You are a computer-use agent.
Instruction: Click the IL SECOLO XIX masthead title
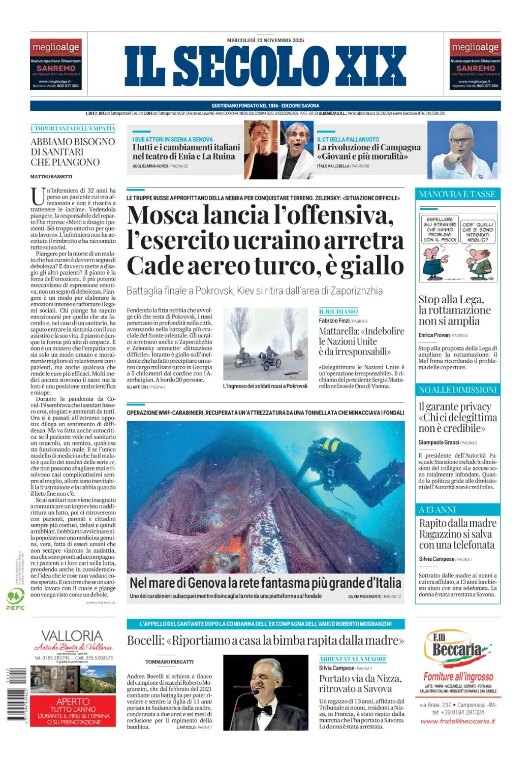tap(265, 66)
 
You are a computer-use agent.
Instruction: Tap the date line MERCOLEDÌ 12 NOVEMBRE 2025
tap(265, 40)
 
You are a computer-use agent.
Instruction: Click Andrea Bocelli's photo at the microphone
tap(265, 692)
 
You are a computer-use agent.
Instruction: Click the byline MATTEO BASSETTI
tap(51, 176)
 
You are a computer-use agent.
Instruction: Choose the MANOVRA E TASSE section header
tap(457, 194)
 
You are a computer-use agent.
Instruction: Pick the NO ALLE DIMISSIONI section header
tap(457, 390)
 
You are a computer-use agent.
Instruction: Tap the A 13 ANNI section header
tap(437, 510)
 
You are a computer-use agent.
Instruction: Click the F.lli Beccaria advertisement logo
tap(457, 648)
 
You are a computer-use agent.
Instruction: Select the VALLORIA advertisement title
tap(72, 636)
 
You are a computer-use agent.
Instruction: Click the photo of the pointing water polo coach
tap(462, 150)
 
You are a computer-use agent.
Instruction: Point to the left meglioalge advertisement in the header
tap(56, 65)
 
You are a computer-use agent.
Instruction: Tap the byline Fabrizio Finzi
tap(334, 321)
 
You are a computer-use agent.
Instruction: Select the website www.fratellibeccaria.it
tap(457, 721)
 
